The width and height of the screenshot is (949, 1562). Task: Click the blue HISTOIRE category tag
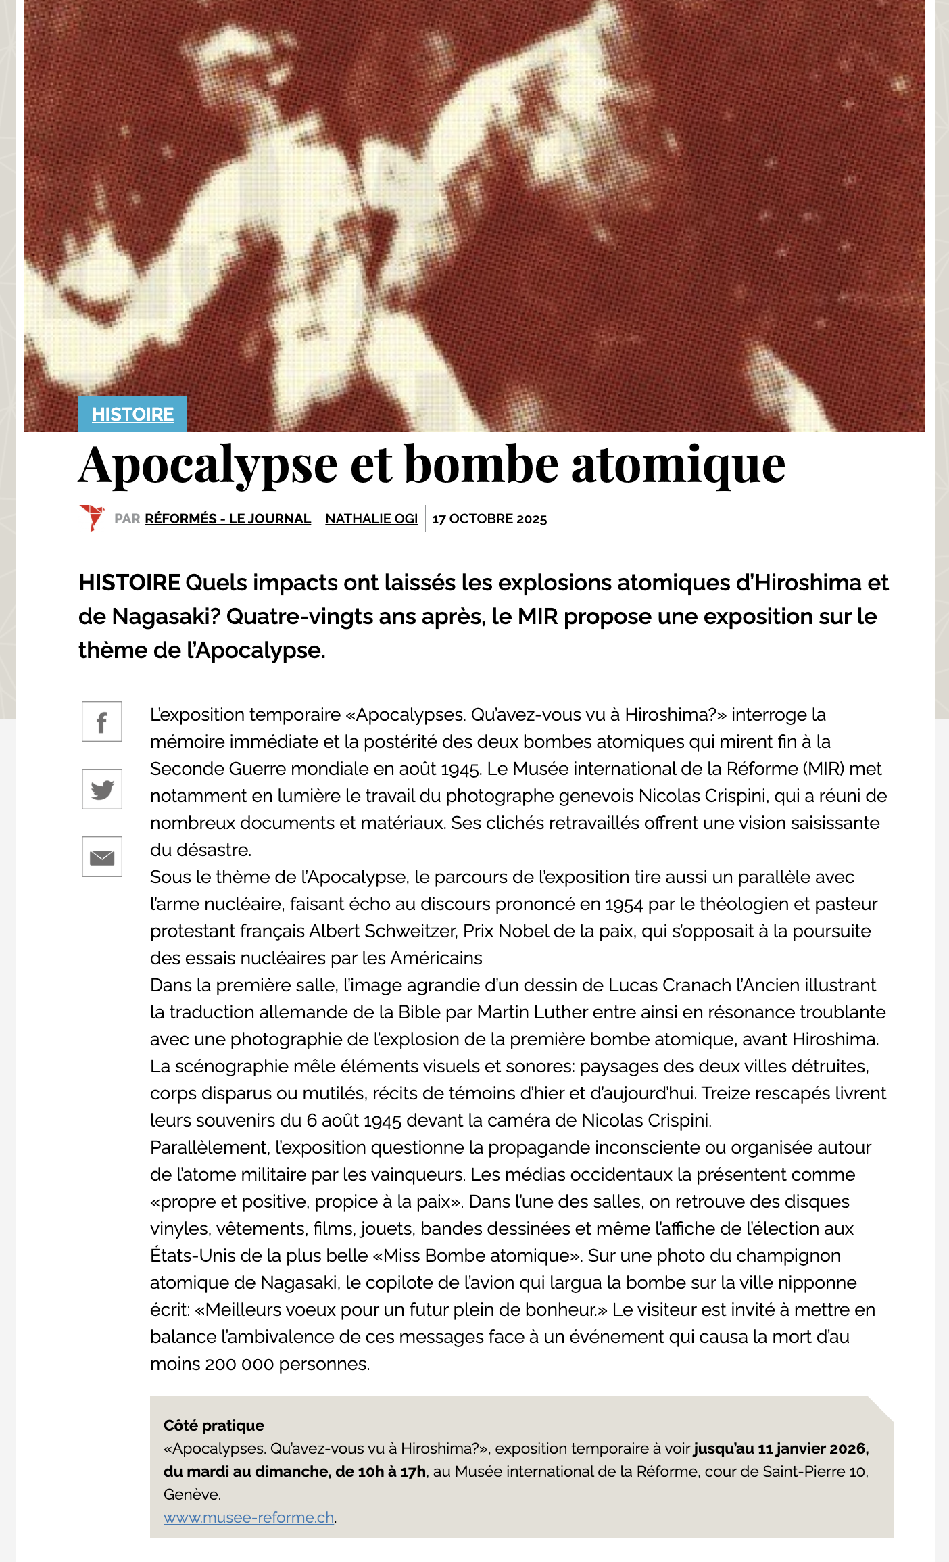click(x=132, y=414)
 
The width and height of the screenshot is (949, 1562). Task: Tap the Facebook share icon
click(x=102, y=721)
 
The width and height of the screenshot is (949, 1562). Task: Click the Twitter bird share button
click(x=102, y=789)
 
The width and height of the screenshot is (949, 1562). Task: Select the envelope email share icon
click(x=102, y=857)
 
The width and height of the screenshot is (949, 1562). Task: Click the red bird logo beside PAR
click(x=91, y=518)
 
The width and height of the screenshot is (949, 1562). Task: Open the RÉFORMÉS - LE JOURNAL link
click(x=228, y=519)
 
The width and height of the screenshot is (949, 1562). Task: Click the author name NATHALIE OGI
click(x=372, y=519)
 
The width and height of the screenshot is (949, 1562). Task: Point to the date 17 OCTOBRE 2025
click(x=489, y=519)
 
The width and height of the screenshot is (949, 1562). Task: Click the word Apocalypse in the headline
click(x=208, y=466)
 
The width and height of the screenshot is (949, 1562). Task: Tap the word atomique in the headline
click(x=678, y=466)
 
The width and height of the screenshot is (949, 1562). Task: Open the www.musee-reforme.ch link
click(x=249, y=1517)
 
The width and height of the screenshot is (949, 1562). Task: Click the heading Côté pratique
click(x=214, y=1425)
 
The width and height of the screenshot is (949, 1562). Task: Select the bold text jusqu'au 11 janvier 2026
click(x=781, y=1448)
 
